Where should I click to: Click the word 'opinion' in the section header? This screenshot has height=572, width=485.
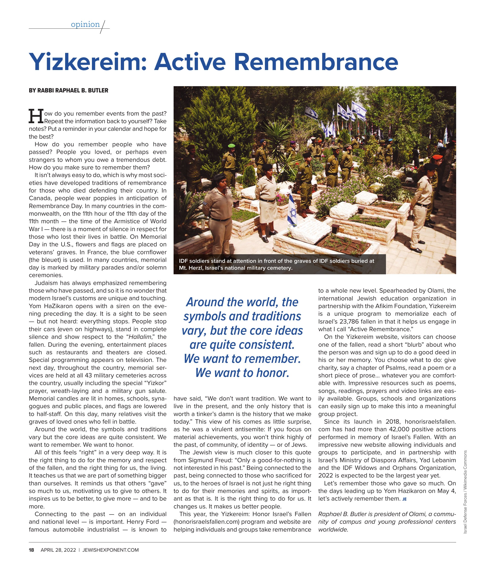[x=85, y=24]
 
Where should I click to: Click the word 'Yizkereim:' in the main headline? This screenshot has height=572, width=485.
[x=88, y=62]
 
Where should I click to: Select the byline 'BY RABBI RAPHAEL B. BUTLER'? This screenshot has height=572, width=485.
[x=68, y=91]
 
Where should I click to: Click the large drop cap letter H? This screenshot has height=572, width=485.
[x=36, y=116]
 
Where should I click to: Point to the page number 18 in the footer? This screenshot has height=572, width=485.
[x=32, y=550]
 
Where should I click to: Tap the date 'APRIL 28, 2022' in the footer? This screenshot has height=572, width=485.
[x=58, y=550]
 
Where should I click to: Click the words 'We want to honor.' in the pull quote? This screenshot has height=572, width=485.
[x=242, y=373]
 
